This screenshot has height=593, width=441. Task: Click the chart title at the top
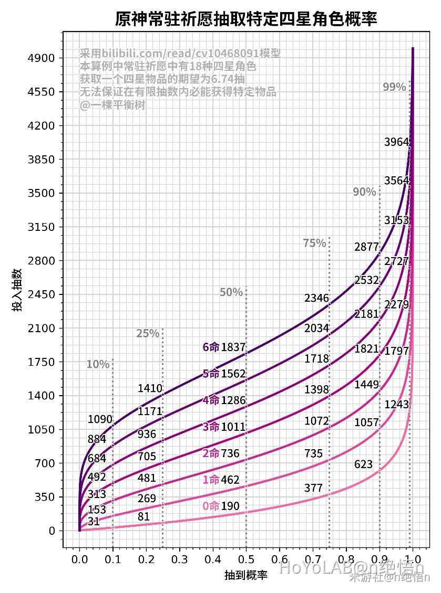(x=246, y=19)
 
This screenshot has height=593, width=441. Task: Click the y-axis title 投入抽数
(x=17, y=290)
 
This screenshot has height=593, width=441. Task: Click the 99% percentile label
(x=394, y=88)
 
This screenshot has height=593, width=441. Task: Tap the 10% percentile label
(x=98, y=364)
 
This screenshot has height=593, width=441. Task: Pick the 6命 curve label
(x=211, y=347)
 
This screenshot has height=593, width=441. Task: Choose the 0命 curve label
(x=211, y=506)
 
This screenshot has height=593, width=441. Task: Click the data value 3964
(x=396, y=142)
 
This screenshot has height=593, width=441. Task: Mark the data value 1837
(x=233, y=347)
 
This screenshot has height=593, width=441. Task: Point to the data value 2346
(x=316, y=298)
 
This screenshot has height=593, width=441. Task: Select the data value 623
(x=363, y=464)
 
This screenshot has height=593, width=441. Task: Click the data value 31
(x=94, y=521)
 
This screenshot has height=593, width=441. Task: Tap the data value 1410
(x=150, y=388)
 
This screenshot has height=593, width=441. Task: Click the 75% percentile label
(x=314, y=243)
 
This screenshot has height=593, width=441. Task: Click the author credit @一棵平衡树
(x=112, y=105)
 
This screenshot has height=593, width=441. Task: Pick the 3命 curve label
(x=211, y=427)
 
